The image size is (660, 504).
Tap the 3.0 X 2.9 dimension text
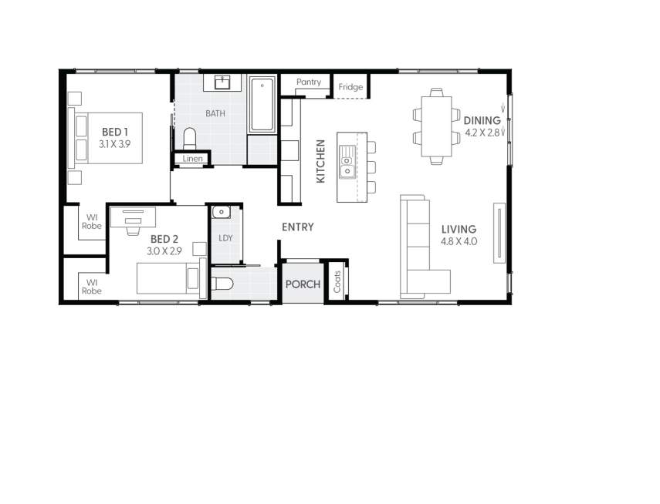[164, 251]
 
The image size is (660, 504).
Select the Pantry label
[308, 82]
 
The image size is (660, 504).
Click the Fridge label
[350, 87]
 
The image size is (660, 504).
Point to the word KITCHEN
[321, 160]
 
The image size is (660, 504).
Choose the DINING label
[482, 120]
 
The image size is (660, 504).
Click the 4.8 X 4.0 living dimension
[459, 241]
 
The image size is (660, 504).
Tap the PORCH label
[303, 284]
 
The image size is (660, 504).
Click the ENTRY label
[297, 227]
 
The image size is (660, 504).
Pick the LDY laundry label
[225, 238]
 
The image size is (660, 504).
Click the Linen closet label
[193, 159]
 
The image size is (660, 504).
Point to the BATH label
[215, 113]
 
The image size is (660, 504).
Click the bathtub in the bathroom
[262, 104]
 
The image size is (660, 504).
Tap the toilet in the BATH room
[190, 139]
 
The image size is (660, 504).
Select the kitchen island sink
[347, 162]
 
